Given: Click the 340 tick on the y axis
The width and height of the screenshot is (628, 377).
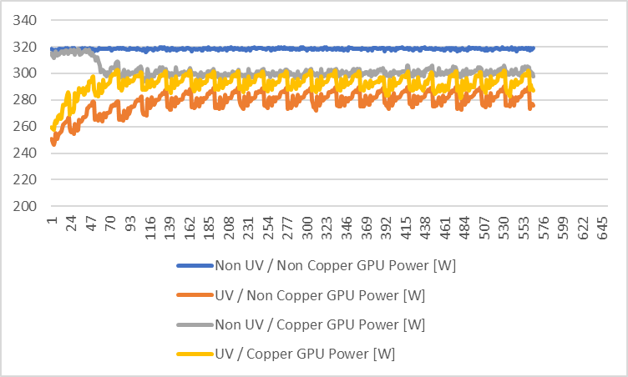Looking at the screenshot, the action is tap(24, 20).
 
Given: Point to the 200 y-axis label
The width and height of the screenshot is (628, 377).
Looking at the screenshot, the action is tap(24, 206).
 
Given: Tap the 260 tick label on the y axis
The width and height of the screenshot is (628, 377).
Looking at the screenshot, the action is tap(24, 127).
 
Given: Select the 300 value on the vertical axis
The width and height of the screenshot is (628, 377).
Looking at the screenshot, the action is tap(24, 73).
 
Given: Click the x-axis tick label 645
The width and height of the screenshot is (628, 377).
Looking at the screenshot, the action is tap(602, 229).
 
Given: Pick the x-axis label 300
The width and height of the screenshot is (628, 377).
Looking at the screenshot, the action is tap(307, 229).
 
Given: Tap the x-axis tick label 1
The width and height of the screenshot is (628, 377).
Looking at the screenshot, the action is tap(52, 220).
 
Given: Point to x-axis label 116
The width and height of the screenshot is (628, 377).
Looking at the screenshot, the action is tap(150, 229).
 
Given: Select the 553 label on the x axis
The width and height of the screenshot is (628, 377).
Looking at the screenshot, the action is tap(524, 229).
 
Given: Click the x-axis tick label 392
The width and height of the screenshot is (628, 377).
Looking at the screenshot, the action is tap(386, 229).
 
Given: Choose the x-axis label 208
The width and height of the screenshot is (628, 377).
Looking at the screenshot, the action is tap(229, 229).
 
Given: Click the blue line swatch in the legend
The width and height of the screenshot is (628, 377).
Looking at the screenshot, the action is tap(195, 266).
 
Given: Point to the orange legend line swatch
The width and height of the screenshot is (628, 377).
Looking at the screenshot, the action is tap(195, 295).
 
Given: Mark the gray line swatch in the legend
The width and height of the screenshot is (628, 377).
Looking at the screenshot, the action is tap(195, 324).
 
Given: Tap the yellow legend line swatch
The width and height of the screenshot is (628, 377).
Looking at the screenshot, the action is tap(195, 354).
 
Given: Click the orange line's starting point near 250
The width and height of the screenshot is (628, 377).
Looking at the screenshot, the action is tap(52, 139).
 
